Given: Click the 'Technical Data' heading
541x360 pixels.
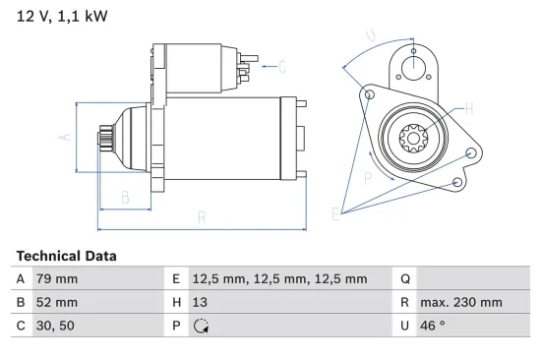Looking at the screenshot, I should coord(66,256).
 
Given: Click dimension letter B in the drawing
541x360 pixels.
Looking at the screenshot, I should coord(125,198).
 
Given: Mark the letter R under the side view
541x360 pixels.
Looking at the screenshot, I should coord(200,218).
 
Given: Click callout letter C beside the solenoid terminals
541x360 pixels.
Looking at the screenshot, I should coord(281,67).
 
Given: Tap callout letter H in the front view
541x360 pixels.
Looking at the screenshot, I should coord(468,108).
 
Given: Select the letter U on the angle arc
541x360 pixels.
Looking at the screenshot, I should coord(370,36).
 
